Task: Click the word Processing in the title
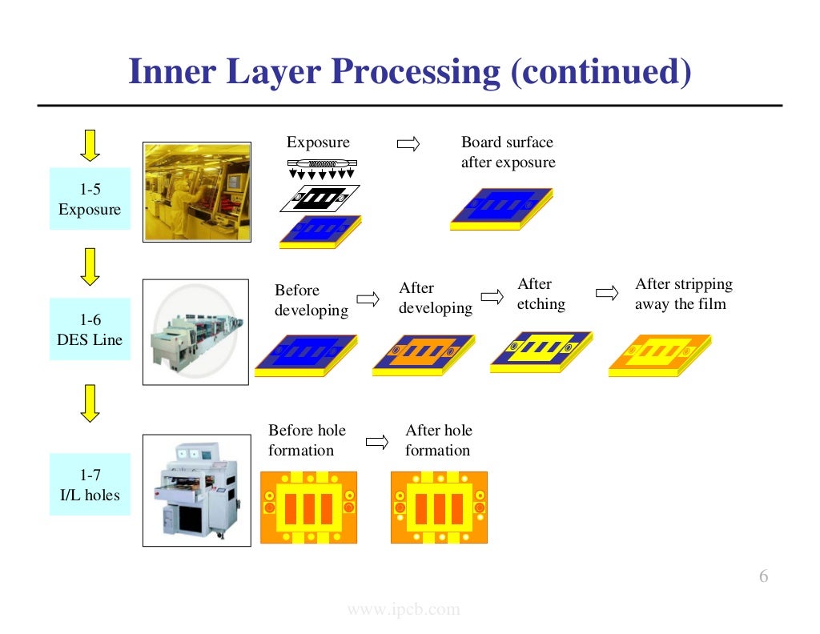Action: pyautogui.click(x=416, y=72)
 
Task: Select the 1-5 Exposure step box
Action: pyautogui.click(x=90, y=199)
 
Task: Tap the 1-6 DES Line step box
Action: pyautogui.click(x=90, y=330)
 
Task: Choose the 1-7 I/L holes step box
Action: pyautogui.click(x=90, y=485)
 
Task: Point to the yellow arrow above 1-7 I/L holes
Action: pyautogui.click(x=90, y=403)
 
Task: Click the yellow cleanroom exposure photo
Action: pyautogui.click(x=196, y=192)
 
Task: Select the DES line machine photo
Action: pyautogui.click(x=196, y=332)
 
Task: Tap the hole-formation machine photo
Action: pyautogui.click(x=196, y=490)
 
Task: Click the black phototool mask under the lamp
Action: pyautogui.click(x=320, y=197)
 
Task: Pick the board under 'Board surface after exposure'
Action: pyautogui.click(x=501, y=208)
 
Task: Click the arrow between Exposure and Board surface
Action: pyautogui.click(x=408, y=144)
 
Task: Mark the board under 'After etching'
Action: pyautogui.click(x=543, y=351)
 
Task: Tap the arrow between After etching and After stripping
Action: pyautogui.click(x=608, y=293)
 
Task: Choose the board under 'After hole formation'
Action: pyautogui.click(x=439, y=507)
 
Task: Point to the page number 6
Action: pyautogui.click(x=763, y=577)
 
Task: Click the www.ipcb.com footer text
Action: pyautogui.click(x=404, y=610)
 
